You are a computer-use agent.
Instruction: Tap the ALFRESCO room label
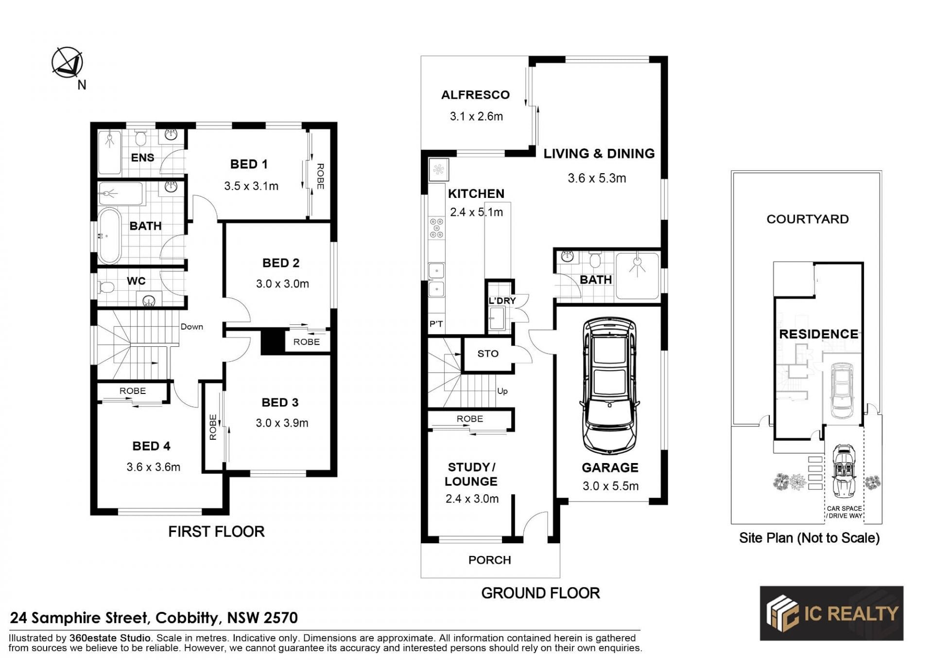point(475,95)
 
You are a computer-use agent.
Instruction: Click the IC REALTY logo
point(831,613)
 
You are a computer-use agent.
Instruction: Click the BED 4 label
point(152,446)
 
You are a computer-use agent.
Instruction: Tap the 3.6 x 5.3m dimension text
point(597,178)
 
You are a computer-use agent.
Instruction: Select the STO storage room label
point(488,354)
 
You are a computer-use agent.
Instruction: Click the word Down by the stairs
point(192,326)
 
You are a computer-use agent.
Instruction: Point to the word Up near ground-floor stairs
point(502,391)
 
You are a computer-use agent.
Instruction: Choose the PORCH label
point(489,560)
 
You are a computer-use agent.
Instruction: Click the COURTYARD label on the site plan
point(808,219)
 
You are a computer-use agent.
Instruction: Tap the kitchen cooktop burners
point(436,228)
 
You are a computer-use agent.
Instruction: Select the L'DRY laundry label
point(502,301)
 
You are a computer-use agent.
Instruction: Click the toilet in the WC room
point(105,288)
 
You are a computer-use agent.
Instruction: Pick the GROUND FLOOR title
point(540,593)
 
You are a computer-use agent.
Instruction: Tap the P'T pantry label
point(436,324)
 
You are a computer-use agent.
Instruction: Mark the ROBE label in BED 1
point(320,176)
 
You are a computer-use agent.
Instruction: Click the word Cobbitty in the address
point(187,618)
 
